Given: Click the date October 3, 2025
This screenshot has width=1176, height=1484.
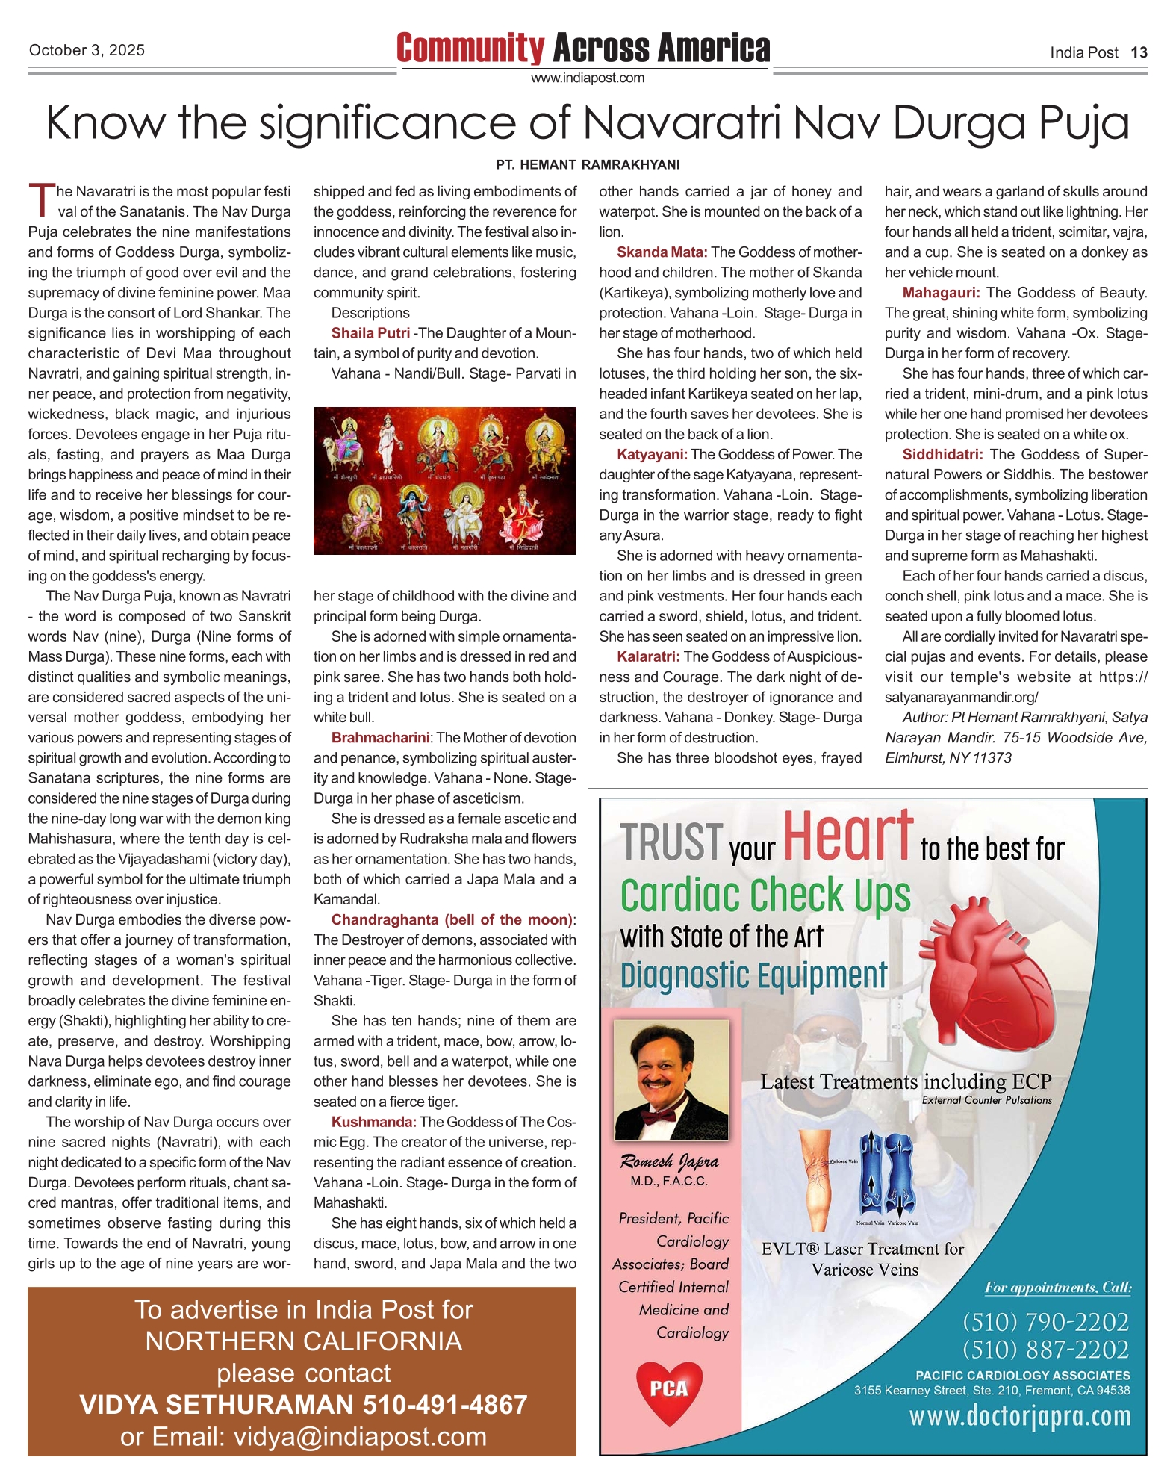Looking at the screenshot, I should click(87, 51).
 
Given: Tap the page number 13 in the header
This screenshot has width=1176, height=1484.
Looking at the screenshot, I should click(1139, 52).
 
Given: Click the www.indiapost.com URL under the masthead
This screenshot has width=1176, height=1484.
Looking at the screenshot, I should click(588, 78).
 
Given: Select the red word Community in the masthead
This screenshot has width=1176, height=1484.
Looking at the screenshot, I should click(470, 49).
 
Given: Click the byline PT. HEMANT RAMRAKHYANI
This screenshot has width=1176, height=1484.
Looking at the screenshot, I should click(588, 164).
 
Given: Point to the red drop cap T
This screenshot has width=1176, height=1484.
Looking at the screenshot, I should click(41, 199).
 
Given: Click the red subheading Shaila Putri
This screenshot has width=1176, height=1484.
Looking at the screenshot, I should click(370, 333).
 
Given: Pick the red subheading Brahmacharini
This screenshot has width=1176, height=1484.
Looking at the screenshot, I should click(381, 737).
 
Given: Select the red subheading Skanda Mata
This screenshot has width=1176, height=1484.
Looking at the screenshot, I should click(662, 252).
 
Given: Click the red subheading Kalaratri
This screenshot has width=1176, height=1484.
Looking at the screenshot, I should click(648, 656).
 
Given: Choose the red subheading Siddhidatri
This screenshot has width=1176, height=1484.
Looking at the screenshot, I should click(942, 454).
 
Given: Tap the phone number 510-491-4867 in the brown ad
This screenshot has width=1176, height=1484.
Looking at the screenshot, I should click(445, 1404).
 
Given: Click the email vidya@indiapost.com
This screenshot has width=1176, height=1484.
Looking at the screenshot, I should click(360, 1436).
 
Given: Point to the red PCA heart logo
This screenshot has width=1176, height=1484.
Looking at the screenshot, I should click(669, 1391).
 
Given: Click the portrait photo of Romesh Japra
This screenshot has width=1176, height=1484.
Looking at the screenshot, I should click(671, 1080).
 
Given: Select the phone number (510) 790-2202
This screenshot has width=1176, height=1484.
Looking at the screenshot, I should click(1045, 1322).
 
